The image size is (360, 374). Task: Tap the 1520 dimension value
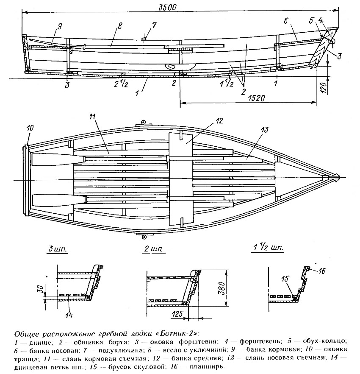[x=256, y=98]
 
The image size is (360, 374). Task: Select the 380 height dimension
[x=222, y=288]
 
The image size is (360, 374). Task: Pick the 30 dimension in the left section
[x=41, y=289]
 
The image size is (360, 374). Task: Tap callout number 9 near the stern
[x=59, y=26]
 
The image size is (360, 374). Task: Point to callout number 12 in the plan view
[x=219, y=121]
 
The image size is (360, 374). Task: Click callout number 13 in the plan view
[x=264, y=130]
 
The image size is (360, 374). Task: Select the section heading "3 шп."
[x=58, y=249]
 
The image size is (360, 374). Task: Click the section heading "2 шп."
[x=153, y=249]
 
